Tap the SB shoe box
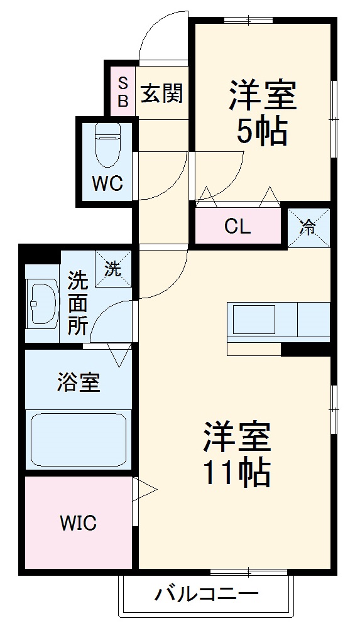(x=123, y=91)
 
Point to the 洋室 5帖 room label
(x=262, y=113)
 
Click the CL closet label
(x=237, y=227)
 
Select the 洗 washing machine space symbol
(x=113, y=268)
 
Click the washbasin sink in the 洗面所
(x=42, y=304)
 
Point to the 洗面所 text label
(x=77, y=303)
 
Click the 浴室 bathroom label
(x=79, y=382)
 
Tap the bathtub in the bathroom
(x=78, y=439)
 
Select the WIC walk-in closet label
(x=78, y=522)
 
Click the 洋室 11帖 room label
(x=236, y=453)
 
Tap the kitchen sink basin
(x=254, y=319)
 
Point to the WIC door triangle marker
(x=145, y=488)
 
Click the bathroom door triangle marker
(x=120, y=355)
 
